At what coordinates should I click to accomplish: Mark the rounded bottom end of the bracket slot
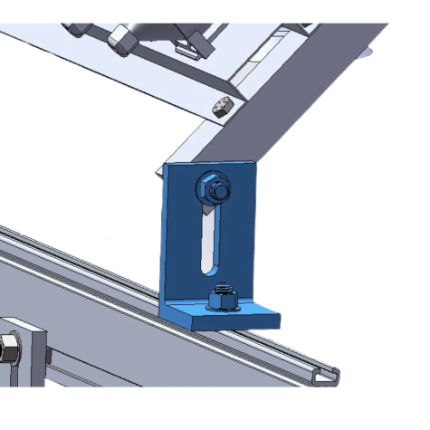(x=209, y=268)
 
